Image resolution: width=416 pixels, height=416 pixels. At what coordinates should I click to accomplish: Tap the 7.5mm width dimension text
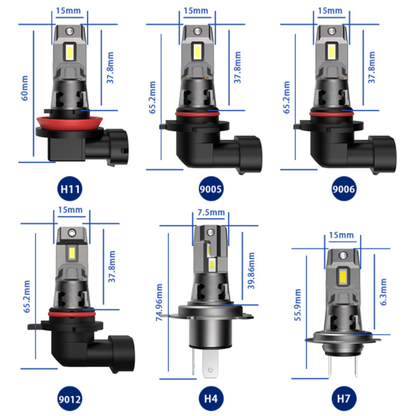point(211,212)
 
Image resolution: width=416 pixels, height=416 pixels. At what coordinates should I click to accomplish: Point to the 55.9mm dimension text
point(298,307)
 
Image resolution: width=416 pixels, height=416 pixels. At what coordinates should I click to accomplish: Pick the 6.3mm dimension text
point(383,292)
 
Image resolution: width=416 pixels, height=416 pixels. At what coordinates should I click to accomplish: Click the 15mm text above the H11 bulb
point(70,9)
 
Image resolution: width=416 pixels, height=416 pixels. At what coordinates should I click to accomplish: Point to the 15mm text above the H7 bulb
point(342,235)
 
